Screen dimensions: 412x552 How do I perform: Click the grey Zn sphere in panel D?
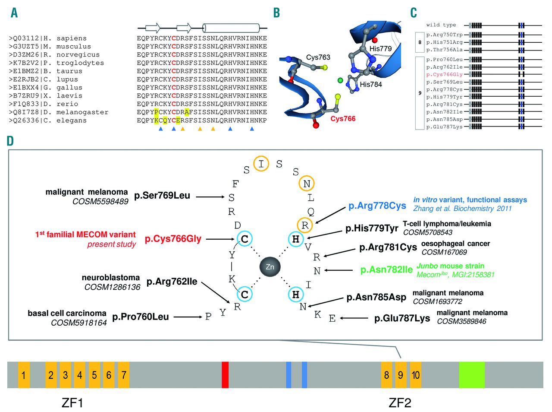(x=270, y=266)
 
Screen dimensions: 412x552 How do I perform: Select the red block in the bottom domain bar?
(x=225, y=374)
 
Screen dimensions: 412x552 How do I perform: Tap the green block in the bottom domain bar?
(x=471, y=374)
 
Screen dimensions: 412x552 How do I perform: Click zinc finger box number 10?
(x=415, y=374)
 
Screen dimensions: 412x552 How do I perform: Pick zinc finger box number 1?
(x=24, y=374)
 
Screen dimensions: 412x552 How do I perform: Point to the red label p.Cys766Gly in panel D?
(x=173, y=239)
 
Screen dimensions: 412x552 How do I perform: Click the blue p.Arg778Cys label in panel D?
(x=377, y=206)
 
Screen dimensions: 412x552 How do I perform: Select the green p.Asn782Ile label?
(x=386, y=270)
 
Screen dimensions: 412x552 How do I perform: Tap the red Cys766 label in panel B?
(x=343, y=119)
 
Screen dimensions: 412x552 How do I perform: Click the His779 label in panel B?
(x=380, y=49)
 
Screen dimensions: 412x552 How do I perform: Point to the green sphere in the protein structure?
(x=340, y=80)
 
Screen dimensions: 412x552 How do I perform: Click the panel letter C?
(x=414, y=13)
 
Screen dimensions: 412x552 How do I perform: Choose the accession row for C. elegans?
(x=47, y=120)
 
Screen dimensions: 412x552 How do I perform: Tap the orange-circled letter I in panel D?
(x=261, y=164)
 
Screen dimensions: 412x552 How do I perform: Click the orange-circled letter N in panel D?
(x=307, y=184)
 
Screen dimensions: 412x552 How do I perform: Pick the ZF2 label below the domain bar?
(x=400, y=403)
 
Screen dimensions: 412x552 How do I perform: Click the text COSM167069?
(x=444, y=252)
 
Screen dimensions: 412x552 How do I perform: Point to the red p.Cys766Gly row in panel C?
(x=444, y=74)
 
